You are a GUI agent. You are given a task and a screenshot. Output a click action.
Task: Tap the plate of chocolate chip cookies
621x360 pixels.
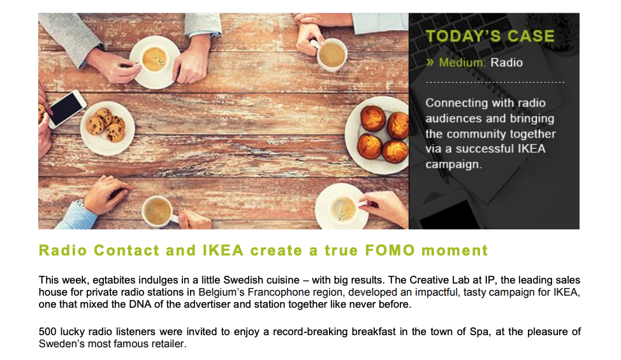[x=107, y=127]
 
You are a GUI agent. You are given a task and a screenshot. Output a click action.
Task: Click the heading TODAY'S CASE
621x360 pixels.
[x=490, y=36]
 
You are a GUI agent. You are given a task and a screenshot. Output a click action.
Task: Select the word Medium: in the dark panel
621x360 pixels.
[x=462, y=62]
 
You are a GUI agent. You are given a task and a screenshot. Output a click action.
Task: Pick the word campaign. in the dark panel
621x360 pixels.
[x=454, y=164]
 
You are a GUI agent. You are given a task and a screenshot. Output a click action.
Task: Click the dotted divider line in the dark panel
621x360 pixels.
[x=495, y=83]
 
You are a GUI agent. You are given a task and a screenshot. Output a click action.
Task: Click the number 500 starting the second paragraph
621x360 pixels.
[x=47, y=333]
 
